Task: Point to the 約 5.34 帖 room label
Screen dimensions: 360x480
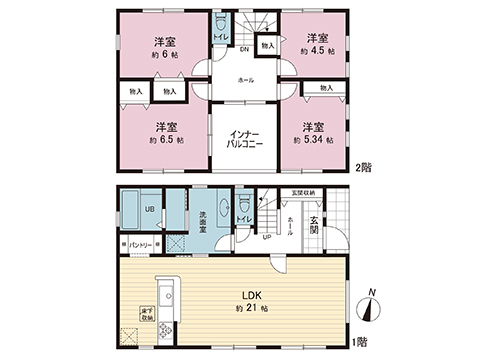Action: tap(311, 141)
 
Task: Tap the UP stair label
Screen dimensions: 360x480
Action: tap(266, 238)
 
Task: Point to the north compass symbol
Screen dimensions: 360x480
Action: tap(371, 307)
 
